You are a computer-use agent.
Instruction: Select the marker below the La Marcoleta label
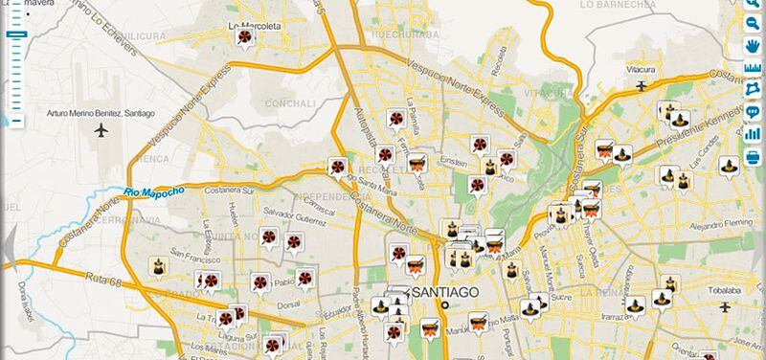pos(246,37)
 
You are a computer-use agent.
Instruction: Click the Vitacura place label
pos(641,70)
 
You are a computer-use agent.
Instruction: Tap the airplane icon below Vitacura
pos(641,85)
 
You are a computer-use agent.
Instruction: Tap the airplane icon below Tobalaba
pos(725,307)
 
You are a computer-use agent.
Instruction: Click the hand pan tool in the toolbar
pos(753,45)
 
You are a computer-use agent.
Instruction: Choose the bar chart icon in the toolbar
pos(753,133)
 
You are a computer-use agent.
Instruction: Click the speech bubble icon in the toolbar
pos(753,111)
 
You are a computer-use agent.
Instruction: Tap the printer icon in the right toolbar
pos(753,155)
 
